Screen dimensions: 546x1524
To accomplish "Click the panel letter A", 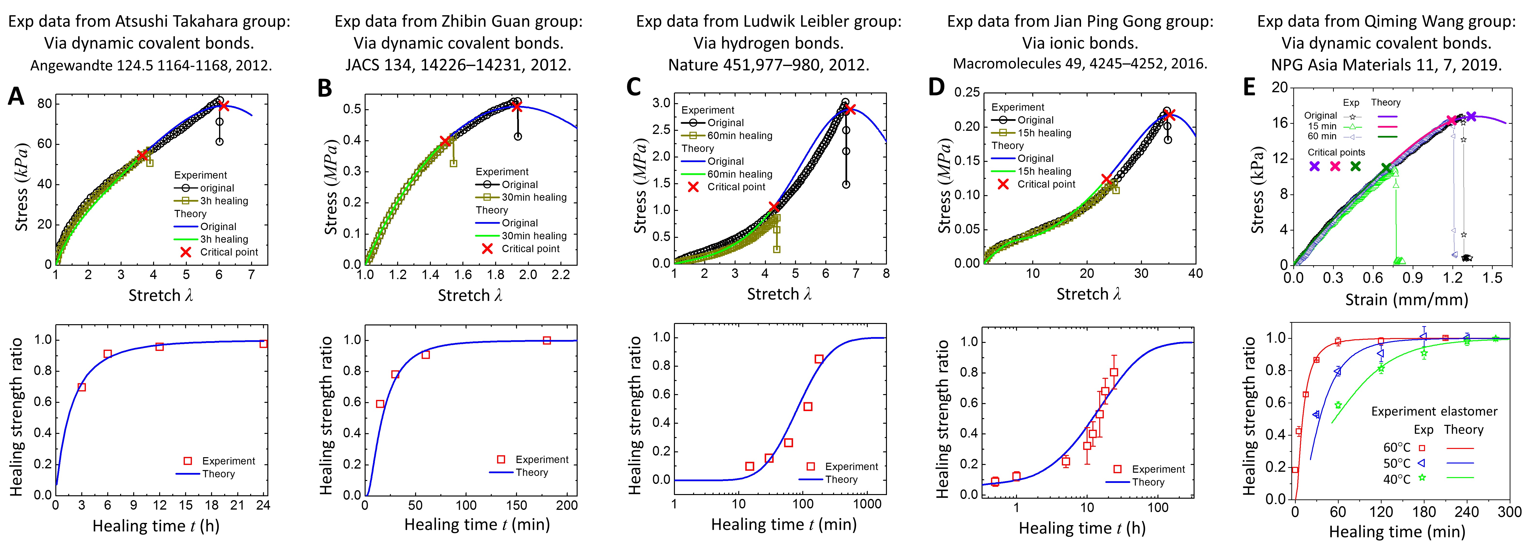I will click(16, 96).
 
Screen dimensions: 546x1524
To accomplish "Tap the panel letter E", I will click(1249, 88).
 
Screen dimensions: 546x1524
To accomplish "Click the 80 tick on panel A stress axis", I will click(44, 104).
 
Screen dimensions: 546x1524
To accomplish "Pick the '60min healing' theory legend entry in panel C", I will click(739, 174).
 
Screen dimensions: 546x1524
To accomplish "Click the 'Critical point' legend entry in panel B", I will click(530, 248).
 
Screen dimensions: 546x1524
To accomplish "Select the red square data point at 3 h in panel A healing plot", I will click(82, 388).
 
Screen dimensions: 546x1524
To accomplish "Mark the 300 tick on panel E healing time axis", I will click(1510, 512).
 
